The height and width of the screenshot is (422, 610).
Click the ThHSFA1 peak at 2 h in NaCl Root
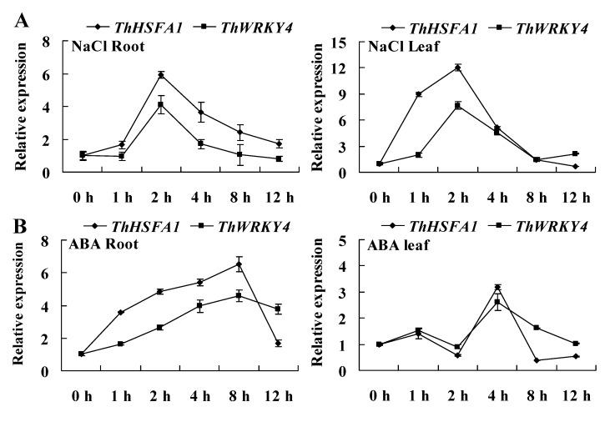pyautogui.click(x=160, y=75)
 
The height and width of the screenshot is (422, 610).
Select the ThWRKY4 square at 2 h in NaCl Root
pyautogui.click(x=160, y=105)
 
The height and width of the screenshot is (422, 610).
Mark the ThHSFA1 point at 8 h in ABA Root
pyautogui.click(x=239, y=264)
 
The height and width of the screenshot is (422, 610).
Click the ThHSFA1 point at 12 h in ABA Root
pyautogui.click(x=278, y=343)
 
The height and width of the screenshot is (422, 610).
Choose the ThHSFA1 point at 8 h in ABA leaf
pyautogui.click(x=537, y=360)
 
